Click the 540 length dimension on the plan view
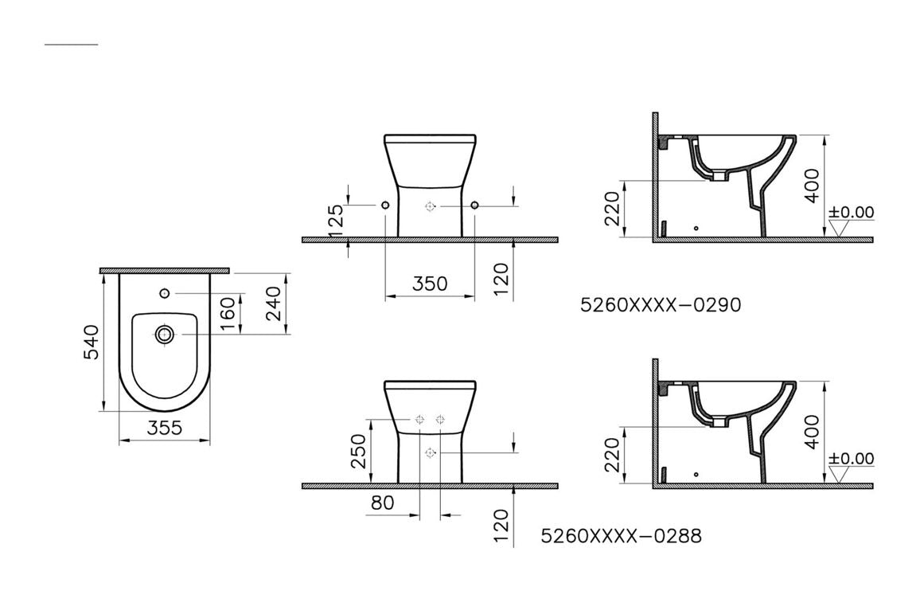coord(92,342)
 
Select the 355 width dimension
coord(165,428)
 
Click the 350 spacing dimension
coord(430,284)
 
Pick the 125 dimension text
coord(337,221)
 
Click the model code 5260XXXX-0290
coord(661,304)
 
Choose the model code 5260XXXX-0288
coord(621,536)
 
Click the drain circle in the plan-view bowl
coord(165,335)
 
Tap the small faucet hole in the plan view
coord(165,293)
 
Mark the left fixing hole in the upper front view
coord(385,205)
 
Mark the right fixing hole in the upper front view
coord(475,205)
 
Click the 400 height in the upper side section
coord(812,186)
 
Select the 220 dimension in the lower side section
coord(612,455)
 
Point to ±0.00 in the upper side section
coord(850,213)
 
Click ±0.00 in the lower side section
coord(850,459)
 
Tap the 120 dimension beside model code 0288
coord(500,526)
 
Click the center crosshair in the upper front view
coord(431,205)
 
